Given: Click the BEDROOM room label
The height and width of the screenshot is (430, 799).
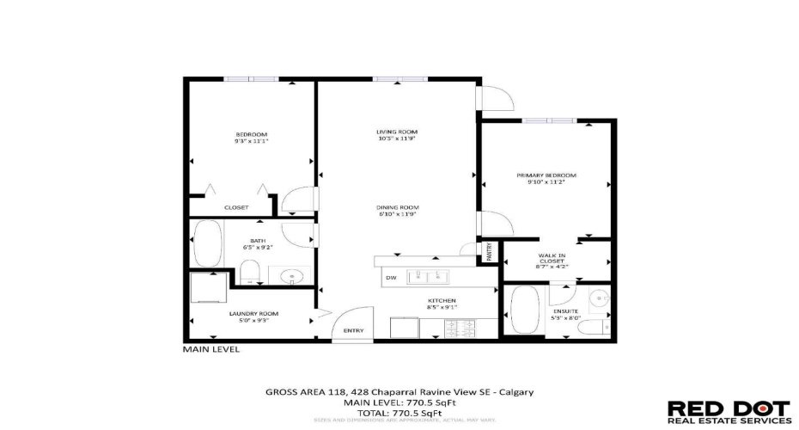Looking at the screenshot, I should click(252, 134).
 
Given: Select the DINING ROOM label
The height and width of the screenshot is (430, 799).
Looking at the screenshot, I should click(396, 207).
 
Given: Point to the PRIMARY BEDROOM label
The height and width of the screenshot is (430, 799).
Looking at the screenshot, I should click(546, 175).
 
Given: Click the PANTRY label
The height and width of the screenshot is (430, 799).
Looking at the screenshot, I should click(489, 252).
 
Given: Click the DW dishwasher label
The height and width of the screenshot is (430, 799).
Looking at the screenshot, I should click(391, 278).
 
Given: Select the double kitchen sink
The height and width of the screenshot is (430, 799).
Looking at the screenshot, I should click(427, 277).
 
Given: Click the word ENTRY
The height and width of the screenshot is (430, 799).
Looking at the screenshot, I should click(353, 331).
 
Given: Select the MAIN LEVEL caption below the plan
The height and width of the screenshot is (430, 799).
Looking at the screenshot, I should click(211, 350).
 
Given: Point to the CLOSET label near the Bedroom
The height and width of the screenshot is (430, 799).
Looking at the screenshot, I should click(236, 207).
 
